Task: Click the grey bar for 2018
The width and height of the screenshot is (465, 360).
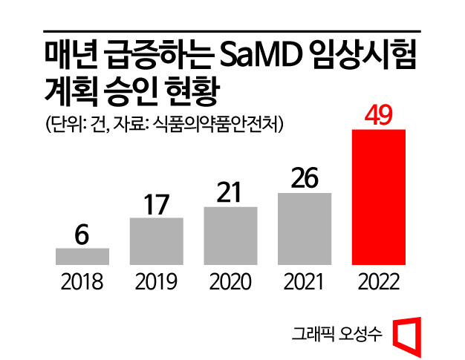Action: point(82,256)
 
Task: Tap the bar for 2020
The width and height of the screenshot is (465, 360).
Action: point(230,235)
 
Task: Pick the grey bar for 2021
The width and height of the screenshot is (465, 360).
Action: point(305,229)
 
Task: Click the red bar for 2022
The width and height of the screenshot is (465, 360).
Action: point(379,197)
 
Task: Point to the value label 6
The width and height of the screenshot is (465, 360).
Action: point(82,234)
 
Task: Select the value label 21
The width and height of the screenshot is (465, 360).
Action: point(230,192)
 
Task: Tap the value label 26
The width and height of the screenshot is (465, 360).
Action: point(305,178)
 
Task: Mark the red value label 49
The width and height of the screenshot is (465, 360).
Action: point(379,115)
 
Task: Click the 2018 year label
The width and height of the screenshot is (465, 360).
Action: point(82,282)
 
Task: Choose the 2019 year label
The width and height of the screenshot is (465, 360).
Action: point(156,282)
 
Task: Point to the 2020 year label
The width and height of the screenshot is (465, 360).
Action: point(230,282)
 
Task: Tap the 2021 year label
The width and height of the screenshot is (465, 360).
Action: point(305,282)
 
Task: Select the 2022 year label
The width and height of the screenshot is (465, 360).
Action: point(379,282)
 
